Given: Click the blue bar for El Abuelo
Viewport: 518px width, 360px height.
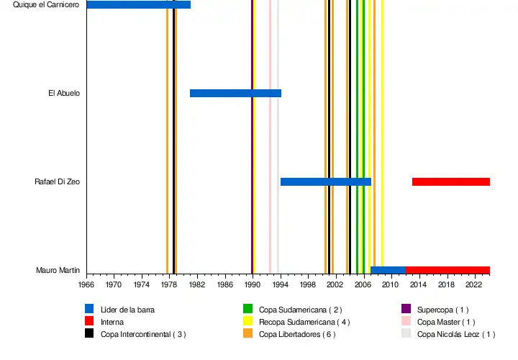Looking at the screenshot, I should [x=235, y=93].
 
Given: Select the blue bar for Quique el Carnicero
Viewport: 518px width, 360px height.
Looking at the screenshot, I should [x=138, y=5].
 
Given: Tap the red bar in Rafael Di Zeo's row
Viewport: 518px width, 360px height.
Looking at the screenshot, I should [x=450, y=181].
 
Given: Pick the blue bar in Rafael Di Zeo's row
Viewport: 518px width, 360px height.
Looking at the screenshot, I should [x=325, y=181].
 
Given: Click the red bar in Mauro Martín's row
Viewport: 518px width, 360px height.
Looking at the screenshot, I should [x=447, y=270].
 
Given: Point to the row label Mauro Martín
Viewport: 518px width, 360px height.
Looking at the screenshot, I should [x=58, y=271].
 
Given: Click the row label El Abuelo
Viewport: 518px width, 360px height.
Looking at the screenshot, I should [x=63, y=94].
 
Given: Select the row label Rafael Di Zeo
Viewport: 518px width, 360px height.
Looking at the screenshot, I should [x=57, y=182].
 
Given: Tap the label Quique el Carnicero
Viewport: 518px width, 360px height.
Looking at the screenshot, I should [x=46, y=5].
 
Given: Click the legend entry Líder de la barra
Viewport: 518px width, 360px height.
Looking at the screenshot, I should [x=127, y=310].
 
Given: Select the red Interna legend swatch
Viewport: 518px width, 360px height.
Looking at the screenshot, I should [x=89, y=322].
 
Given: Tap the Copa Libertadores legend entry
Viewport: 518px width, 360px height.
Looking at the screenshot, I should [x=296, y=334].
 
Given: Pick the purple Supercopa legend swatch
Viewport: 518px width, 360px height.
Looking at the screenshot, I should [x=406, y=310].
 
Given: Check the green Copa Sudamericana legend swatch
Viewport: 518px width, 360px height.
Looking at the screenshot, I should [x=247, y=310].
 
